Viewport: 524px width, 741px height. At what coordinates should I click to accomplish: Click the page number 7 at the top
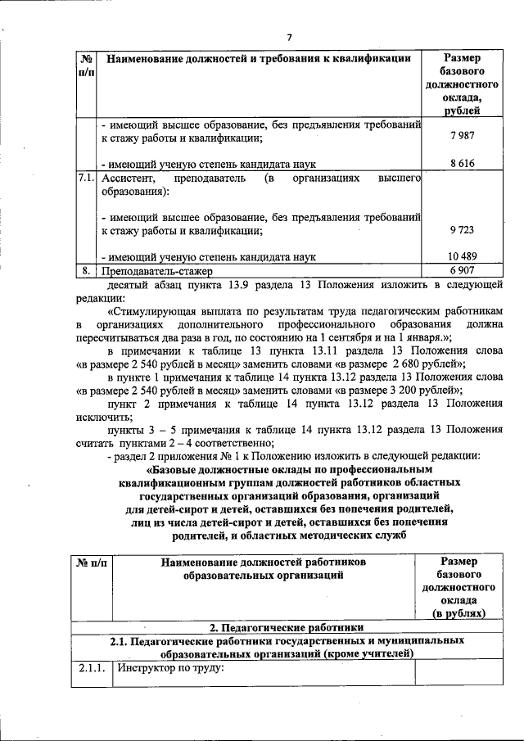tap(289, 36)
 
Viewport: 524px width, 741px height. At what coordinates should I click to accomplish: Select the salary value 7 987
tap(463, 136)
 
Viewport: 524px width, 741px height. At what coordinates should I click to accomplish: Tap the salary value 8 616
tap(463, 164)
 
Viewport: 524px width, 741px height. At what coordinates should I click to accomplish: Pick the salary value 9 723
tap(463, 231)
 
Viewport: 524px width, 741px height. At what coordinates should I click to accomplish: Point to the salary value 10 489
tap(463, 256)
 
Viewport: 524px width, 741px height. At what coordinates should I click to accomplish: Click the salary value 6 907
tap(463, 269)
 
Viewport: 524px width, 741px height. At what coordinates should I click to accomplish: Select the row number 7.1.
tap(86, 177)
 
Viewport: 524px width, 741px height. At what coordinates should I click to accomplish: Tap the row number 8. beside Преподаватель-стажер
tap(86, 269)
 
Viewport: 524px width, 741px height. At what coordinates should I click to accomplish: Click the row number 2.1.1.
tap(92, 667)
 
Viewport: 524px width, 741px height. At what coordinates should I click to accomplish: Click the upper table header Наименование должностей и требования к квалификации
tap(259, 58)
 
